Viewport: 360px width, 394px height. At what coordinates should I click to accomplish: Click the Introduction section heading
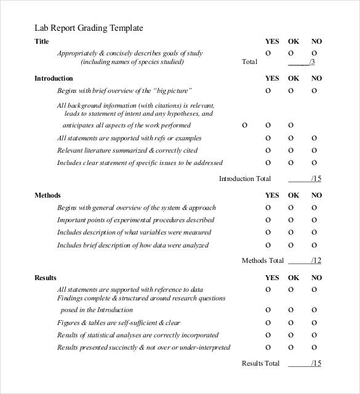[54, 78]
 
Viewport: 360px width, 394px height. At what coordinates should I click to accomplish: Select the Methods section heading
[47, 195]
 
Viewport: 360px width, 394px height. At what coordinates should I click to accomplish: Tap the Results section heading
[46, 278]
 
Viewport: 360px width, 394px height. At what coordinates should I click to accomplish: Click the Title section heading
[42, 41]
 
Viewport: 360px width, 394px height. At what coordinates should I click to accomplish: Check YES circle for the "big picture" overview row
[268, 90]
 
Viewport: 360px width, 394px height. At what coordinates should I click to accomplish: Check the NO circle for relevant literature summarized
[314, 150]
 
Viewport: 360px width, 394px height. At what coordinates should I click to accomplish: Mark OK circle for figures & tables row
[290, 323]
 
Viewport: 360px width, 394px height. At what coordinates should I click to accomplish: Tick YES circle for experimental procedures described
[268, 220]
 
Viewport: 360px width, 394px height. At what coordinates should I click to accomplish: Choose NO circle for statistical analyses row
[314, 335]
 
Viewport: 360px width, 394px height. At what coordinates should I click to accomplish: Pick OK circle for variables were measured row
[290, 232]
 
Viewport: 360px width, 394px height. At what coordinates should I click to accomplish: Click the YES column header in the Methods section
[271, 195]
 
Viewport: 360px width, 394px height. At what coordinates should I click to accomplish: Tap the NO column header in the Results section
[316, 278]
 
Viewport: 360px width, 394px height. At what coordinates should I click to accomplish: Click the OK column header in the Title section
[294, 41]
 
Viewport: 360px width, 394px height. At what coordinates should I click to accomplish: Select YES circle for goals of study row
[268, 53]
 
